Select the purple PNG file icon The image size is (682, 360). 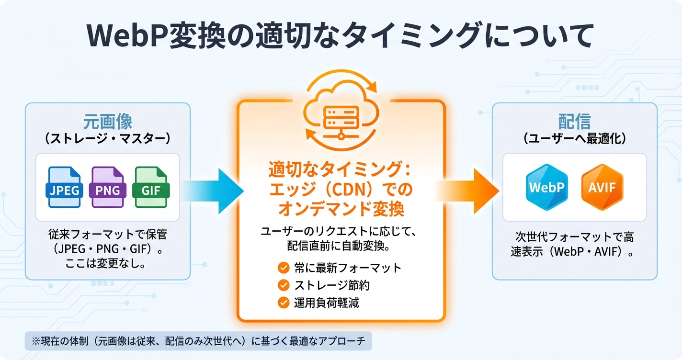click(x=107, y=187)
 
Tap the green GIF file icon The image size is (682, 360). click(x=152, y=187)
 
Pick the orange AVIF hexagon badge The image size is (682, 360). click(x=602, y=187)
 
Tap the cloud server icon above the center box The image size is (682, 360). click(x=341, y=112)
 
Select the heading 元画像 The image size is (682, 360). click(x=108, y=122)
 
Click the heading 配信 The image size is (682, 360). click(x=574, y=122)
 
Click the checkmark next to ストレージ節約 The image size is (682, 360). click(x=284, y=285)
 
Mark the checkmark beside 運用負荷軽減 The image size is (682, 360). click(x=284, y=303)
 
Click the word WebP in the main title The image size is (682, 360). click(x=125, y=35)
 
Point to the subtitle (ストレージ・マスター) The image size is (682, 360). click(x=108, y=139)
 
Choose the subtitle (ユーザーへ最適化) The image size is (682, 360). click(x=574, y=139)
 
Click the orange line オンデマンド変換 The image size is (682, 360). click(x=341, y=210)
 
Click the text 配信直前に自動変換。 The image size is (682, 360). click(x=341, y=247)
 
